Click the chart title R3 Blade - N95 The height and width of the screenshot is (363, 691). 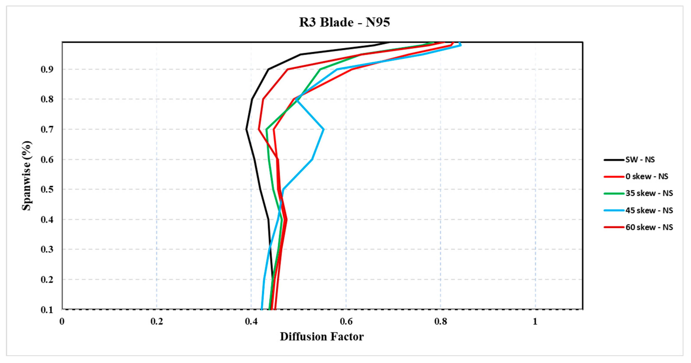345,22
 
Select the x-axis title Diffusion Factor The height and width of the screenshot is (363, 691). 322,336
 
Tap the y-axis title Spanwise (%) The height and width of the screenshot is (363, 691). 27,176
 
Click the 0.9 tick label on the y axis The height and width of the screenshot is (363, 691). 47,70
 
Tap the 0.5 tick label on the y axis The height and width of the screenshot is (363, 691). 47,190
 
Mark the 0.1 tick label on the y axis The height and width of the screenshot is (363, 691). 47,310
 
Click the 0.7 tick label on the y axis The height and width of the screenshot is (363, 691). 47,129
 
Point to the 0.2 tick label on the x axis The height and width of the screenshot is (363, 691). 157,321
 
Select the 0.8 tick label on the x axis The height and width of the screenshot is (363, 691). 441,321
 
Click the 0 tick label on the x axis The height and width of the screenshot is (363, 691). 62,321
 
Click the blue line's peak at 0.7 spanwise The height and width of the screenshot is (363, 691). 323,129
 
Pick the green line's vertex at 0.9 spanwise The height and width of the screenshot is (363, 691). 320,69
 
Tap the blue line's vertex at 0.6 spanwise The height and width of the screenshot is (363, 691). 312,160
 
